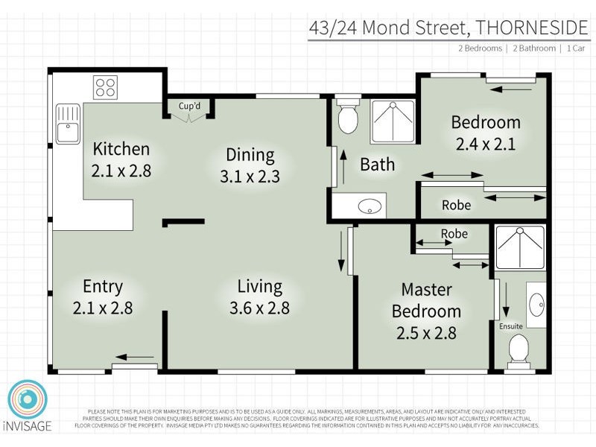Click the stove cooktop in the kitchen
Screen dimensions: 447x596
105,87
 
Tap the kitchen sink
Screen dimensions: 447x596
68,123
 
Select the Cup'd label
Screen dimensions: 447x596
189,106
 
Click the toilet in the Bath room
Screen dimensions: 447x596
347,118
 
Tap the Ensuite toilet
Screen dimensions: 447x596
518,348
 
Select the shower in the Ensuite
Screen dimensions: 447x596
520,247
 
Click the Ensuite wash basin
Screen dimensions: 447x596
536,303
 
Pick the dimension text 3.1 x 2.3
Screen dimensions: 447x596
250,177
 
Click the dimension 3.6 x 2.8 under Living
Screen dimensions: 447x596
259,307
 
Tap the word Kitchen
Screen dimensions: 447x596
121,149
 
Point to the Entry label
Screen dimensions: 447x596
103,287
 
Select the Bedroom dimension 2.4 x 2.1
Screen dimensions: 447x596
486,144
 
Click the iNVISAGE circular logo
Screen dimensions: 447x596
28,399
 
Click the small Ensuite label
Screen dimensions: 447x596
510,326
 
